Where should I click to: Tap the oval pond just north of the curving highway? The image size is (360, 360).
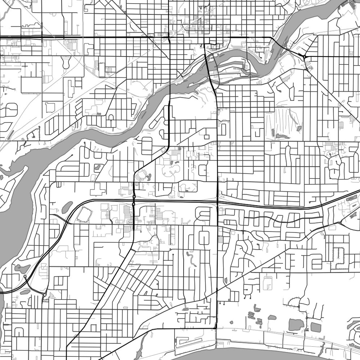click(67, 208)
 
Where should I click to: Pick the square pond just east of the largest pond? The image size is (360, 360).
click(316, 327)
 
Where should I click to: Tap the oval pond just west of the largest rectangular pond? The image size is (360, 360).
click(272, 318)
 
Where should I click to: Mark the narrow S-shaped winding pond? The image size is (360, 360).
click(191, 259)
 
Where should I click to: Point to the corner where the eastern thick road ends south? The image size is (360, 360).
click(216, 328)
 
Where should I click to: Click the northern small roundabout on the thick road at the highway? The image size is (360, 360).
click(134, 197)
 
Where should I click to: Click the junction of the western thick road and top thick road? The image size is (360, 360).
click(169, 37)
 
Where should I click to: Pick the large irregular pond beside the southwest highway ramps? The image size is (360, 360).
click(22, 268)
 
